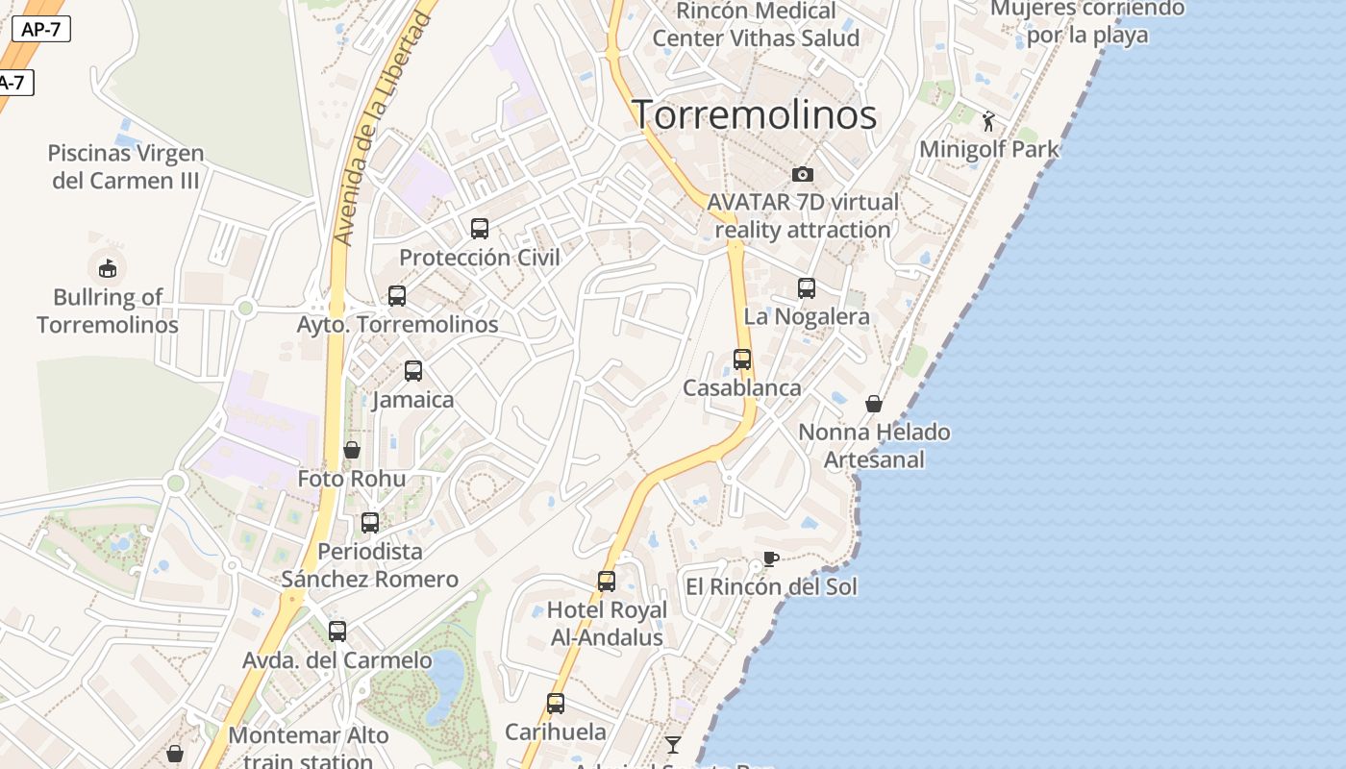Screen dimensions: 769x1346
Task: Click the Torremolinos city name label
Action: coord(754,114)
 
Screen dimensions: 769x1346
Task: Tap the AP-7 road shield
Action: coord(41,29)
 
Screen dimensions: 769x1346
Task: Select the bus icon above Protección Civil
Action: coord(480,228)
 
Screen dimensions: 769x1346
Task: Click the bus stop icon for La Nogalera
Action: coord(807,287)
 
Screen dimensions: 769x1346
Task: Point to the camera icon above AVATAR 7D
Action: coord(803,174)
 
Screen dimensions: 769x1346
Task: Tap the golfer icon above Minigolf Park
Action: coord(988,121)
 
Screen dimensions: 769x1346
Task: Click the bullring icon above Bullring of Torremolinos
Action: coord(108,268)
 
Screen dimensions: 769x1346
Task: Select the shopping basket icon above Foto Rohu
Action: coord(352,450)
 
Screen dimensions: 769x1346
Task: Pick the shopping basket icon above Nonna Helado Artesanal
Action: coord(874,404)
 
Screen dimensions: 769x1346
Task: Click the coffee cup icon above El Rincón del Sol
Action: coord(770,558)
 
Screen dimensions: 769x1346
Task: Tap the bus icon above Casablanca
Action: coord(742,360)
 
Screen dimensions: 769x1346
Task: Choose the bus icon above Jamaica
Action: coord(413,370)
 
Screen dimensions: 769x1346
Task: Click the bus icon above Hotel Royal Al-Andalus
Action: coord(607,582)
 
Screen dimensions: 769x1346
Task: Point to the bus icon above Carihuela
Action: coord(556,703)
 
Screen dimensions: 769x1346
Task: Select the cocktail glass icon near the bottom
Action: coord(673,744)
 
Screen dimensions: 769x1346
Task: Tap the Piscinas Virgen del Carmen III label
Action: coord(126,166)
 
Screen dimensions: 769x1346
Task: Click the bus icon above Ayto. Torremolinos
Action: coord(397,296)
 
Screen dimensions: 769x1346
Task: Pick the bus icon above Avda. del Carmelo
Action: coord(337,632)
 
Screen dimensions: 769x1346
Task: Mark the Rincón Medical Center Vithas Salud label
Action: coord(756,25)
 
